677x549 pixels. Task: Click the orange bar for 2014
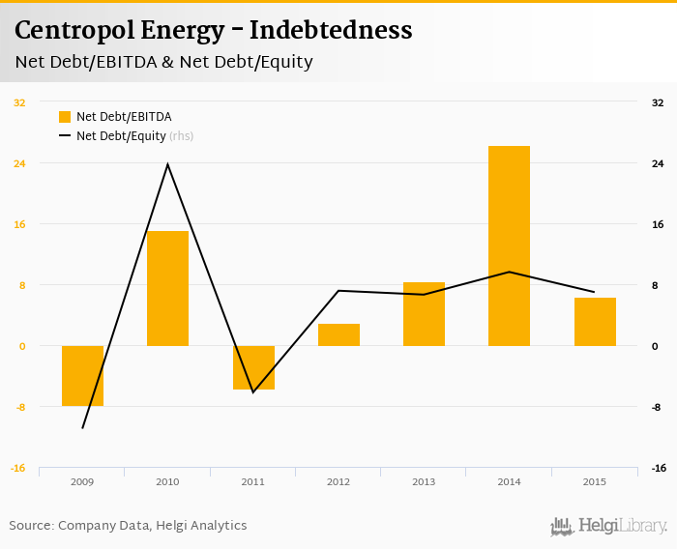[509, 246]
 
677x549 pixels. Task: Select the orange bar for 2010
[167, 288]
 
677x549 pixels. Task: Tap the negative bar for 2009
[82, 376]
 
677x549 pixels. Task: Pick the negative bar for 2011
[253, 367]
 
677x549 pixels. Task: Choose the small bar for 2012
[338, 334]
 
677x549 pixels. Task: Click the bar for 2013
[424, 314]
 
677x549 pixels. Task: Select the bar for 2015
[595, 322]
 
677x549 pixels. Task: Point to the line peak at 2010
[167, 164]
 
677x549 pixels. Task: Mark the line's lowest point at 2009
[82, 427]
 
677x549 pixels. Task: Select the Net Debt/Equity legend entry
[121, 136]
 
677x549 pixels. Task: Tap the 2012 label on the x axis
[338, 480]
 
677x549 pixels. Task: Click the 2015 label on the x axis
[595, 480]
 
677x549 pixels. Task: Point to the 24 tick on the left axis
[19, 163]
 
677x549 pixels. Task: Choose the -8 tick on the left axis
[19, 407]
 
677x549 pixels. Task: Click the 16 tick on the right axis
[658, 224]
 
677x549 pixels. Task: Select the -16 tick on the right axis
[658, 468]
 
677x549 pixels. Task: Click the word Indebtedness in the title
[331, 31]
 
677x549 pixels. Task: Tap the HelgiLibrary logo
[609, 526]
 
